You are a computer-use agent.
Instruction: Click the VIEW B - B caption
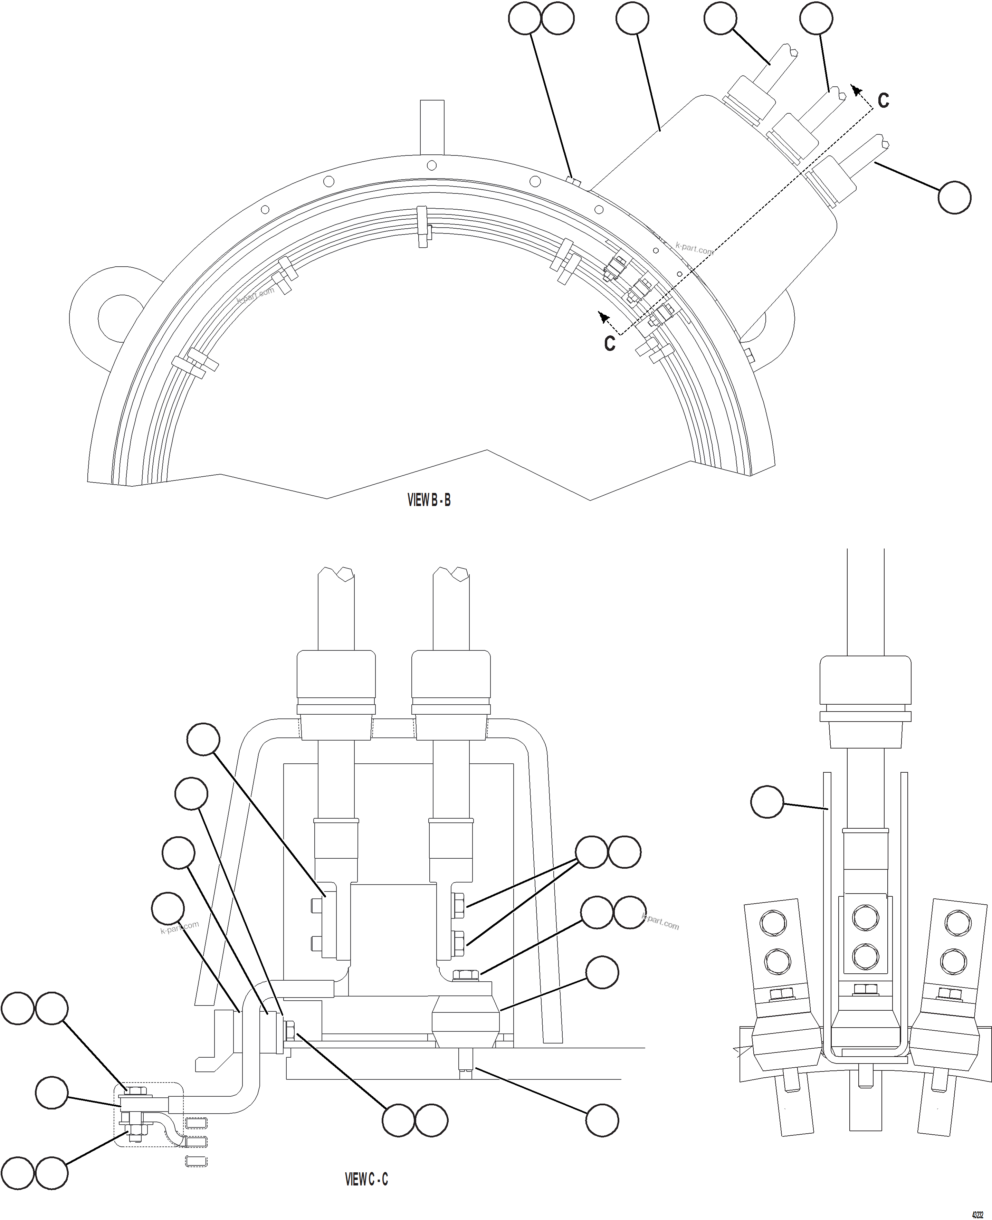tap(429, 501)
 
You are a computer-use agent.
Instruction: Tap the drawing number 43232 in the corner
tap(977, 1211)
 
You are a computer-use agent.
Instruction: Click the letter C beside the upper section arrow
tap(883, 101)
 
